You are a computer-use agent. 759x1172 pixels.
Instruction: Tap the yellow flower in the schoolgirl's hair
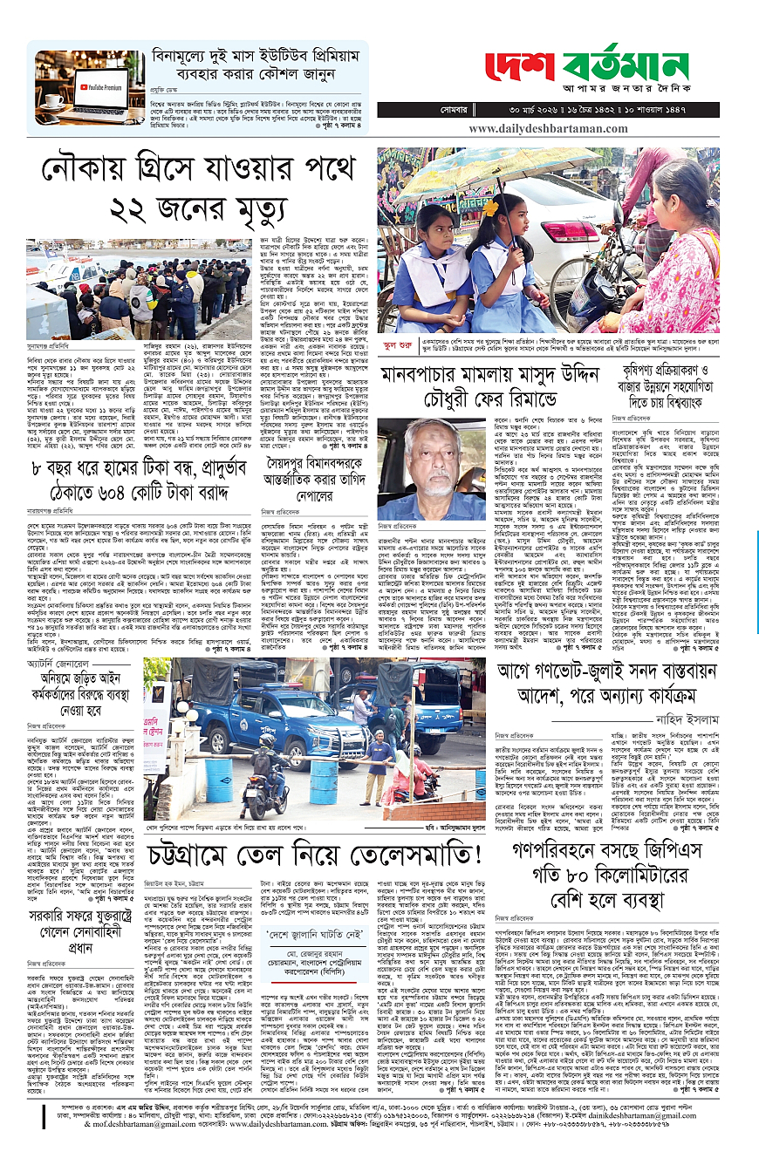point(490,208)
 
